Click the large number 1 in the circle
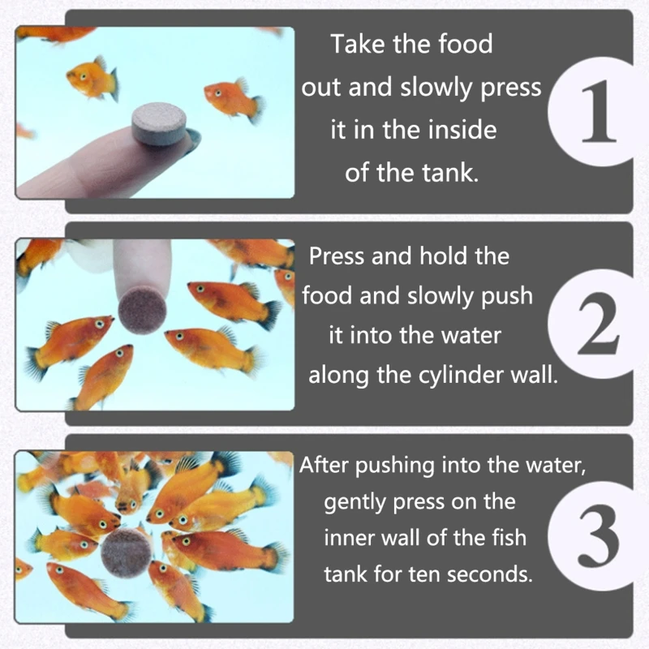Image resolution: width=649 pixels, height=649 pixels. point(598,111)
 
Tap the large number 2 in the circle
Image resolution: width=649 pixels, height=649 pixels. point(598,324)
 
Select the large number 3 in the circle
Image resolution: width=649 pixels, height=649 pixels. point(599,535)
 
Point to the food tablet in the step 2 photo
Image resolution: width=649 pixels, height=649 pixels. point(142,311)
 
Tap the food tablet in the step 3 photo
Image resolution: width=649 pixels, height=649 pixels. point(127,553)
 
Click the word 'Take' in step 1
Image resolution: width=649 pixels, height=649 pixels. point(358,44)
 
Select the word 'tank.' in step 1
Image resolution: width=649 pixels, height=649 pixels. point(450,173)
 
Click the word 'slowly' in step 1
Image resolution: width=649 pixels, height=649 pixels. point(436,88)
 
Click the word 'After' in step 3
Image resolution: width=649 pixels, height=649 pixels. point(324,465)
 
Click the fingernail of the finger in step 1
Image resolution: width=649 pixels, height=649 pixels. point(191,140)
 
